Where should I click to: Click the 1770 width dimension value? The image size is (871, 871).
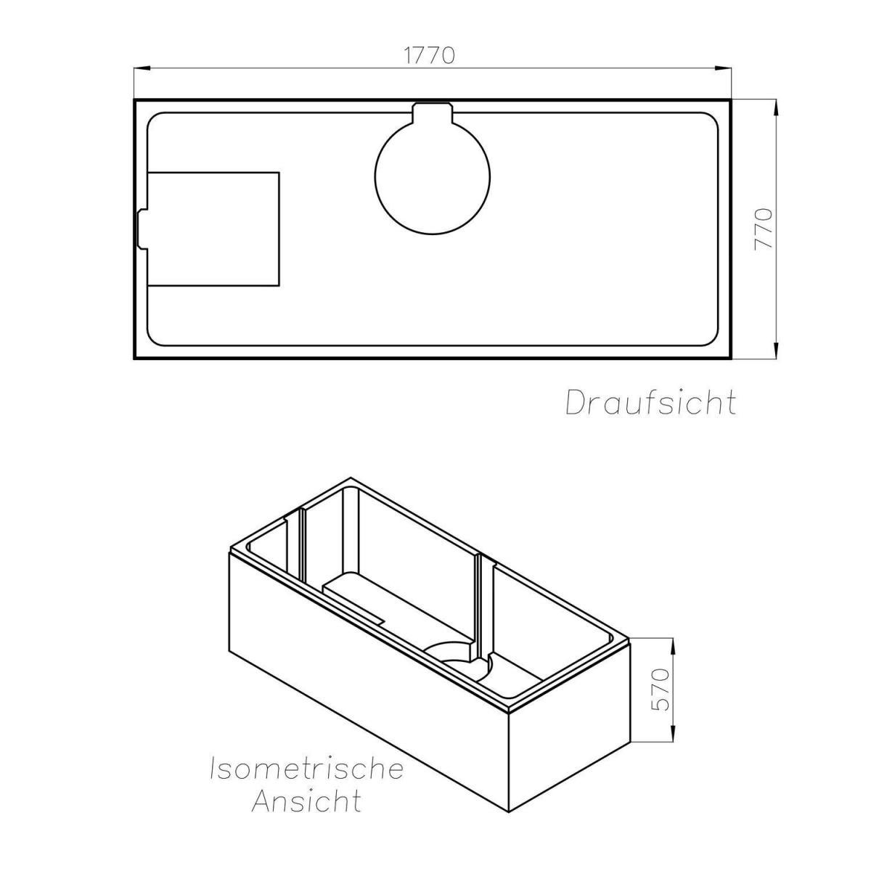click(430, 55)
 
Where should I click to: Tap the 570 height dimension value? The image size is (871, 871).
click(659, 690)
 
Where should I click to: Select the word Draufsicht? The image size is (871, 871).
click(650, 402)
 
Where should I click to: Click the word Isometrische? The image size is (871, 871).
click(306, 769)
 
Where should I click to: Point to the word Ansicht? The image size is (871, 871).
click(306, 801)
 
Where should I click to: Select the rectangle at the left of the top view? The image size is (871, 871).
click(213, 229)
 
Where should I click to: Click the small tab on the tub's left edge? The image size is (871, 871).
click(142, 229)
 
